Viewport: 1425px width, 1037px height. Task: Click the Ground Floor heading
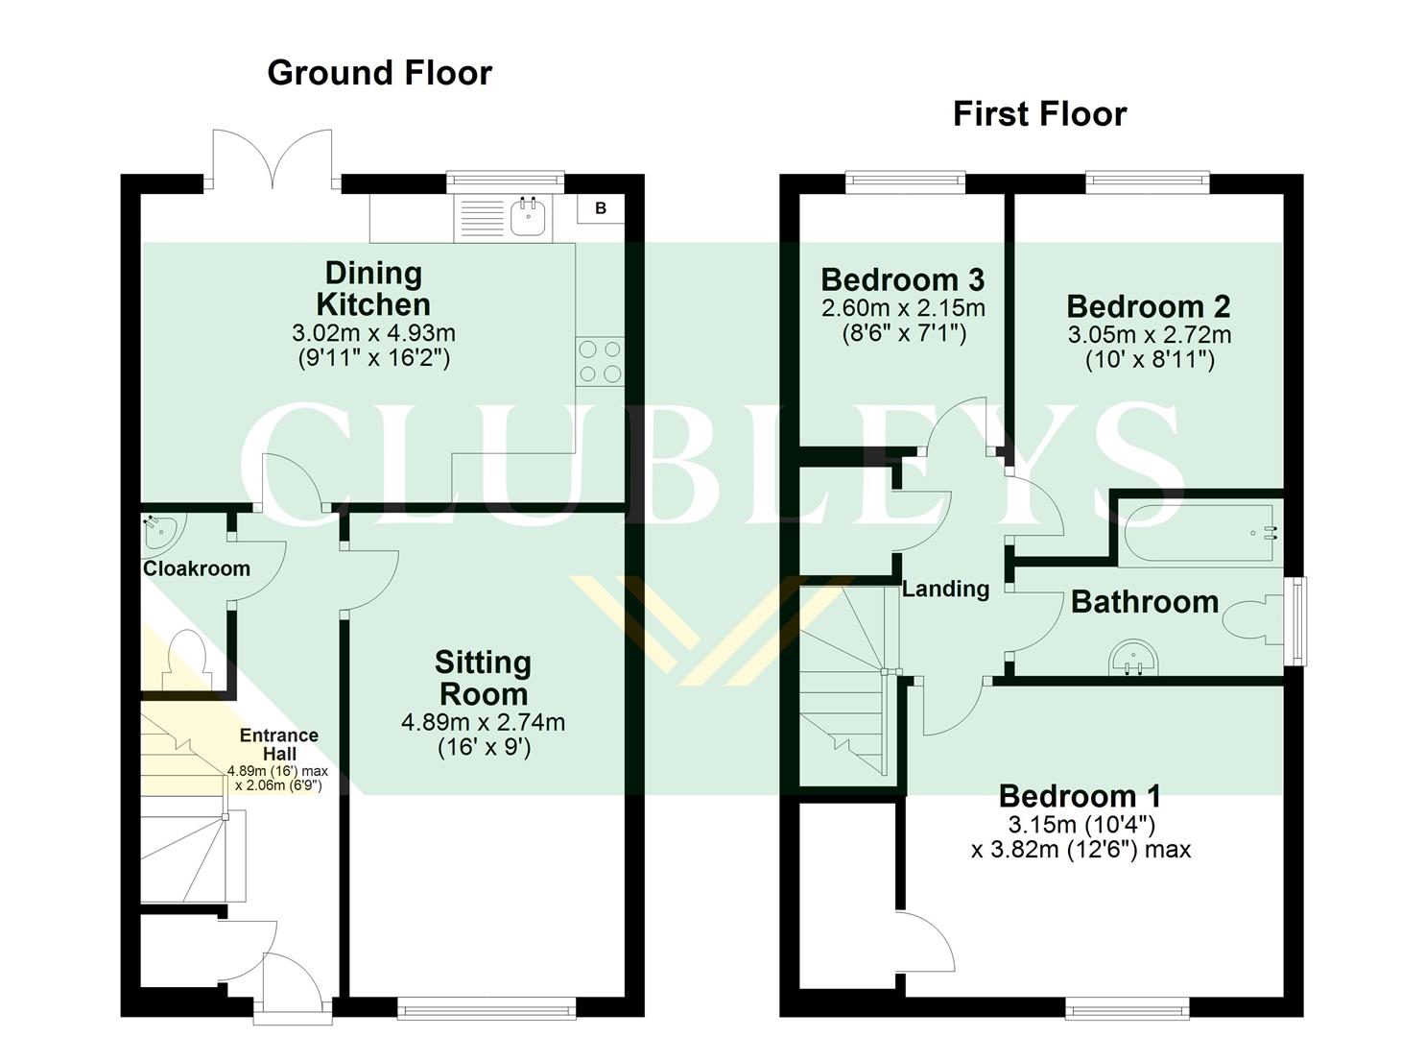coord(379,73)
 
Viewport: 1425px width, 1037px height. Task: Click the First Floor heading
coord(1039,114)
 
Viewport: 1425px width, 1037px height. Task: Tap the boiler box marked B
coord(601,208)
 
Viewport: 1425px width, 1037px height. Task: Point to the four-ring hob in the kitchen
coord(600,362)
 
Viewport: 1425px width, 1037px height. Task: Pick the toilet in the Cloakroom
coord(183,658)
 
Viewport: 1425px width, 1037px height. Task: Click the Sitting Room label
coord(482,678)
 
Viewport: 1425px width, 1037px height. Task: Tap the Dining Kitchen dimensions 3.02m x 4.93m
coord(373,334)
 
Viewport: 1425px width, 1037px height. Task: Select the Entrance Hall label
coord(278,744)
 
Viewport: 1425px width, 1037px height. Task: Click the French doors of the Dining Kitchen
coord(273,158)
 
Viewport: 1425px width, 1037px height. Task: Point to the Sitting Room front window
coord(487,1007)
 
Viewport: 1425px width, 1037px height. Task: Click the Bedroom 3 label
coord(902,280)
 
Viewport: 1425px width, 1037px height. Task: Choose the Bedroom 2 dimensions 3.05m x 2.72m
coord(1149,335)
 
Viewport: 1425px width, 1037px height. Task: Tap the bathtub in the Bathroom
coord(1199,533)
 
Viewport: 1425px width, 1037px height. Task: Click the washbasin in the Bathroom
coord(1133,658)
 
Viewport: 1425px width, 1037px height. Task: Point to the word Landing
coord(945,590)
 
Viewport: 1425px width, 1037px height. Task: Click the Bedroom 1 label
coord(1080,796)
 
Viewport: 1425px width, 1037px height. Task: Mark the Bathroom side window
coord(1295,620)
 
